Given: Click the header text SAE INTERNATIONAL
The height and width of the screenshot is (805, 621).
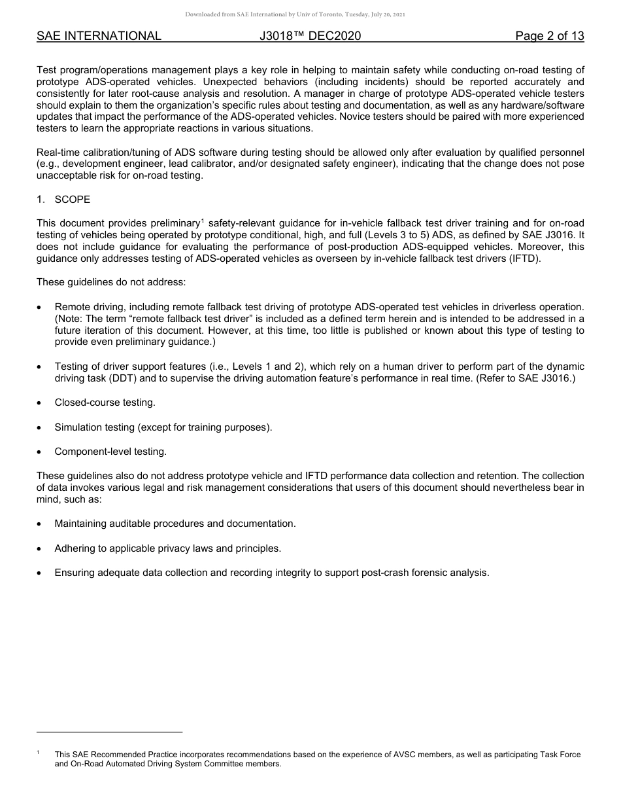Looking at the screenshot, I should (x=99, y=36).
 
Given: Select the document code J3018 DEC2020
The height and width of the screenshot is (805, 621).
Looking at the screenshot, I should (x=310, y=36).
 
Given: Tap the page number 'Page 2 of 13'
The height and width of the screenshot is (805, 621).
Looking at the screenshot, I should (x=549, y=36).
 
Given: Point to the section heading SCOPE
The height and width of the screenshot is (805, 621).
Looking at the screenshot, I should (x=73, y=199).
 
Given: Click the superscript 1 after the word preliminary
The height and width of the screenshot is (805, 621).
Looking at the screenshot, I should (x=203, y=221).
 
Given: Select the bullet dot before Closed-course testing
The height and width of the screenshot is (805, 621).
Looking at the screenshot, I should (x=40, y=403).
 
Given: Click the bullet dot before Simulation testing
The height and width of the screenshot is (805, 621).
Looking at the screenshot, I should (x=40, y=428).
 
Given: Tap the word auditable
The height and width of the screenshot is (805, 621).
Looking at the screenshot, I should (x=124, y=524).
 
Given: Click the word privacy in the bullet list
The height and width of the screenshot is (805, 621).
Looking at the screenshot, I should (x=168, y=548).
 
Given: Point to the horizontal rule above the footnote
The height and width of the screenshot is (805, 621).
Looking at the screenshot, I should (x=109, y=732).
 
